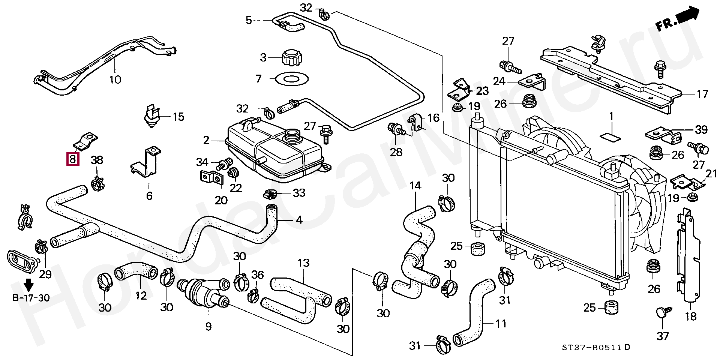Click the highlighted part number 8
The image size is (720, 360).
tap(73, 159)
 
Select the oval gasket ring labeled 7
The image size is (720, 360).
tap(292, 79)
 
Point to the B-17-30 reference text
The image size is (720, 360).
tap(31, 298)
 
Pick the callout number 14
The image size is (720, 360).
tap(415, 186)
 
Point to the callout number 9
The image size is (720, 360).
tap(208, 326)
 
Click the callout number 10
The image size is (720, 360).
tap(115, 79)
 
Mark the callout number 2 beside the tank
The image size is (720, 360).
tap(206, 141)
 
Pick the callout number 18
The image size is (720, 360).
tap(690, 316)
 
